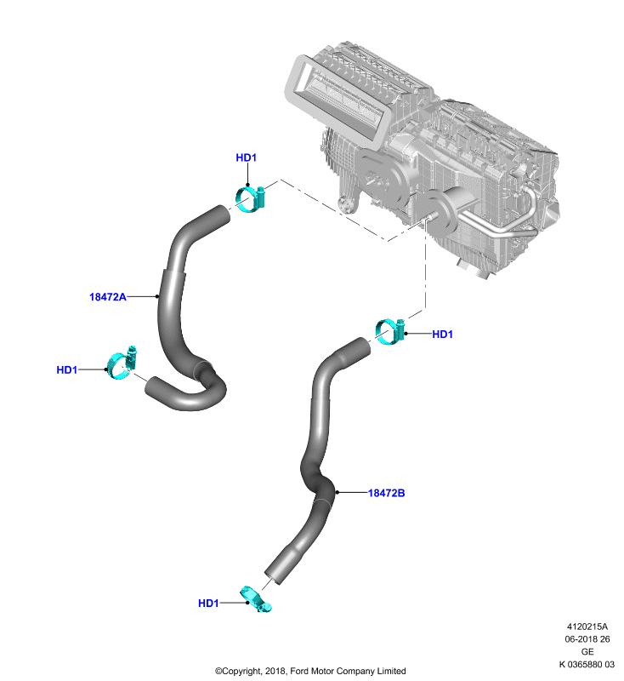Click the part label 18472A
(x=107, y=297)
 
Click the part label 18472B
(x=386, y=493)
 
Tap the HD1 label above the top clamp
(x=247, y=157)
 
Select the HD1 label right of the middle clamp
(x=442, y=334)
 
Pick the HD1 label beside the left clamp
(x=67, y=369)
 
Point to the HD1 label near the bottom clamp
(x=208, y=604)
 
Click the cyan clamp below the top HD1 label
(x=251, y=199)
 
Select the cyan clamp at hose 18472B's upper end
(x=390, y=332)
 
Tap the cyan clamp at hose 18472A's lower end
(x=122, y=363)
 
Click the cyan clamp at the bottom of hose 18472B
(x=256, y=599)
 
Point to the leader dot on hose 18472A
(x=157, y=296)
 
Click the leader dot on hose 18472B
(x=337, y=493)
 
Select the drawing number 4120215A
(x=587, y=627)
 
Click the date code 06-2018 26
(x=587, y=639)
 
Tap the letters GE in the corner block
(x=587, y=652)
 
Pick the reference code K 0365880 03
(x=587, y=665)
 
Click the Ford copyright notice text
(x=310, y=671)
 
